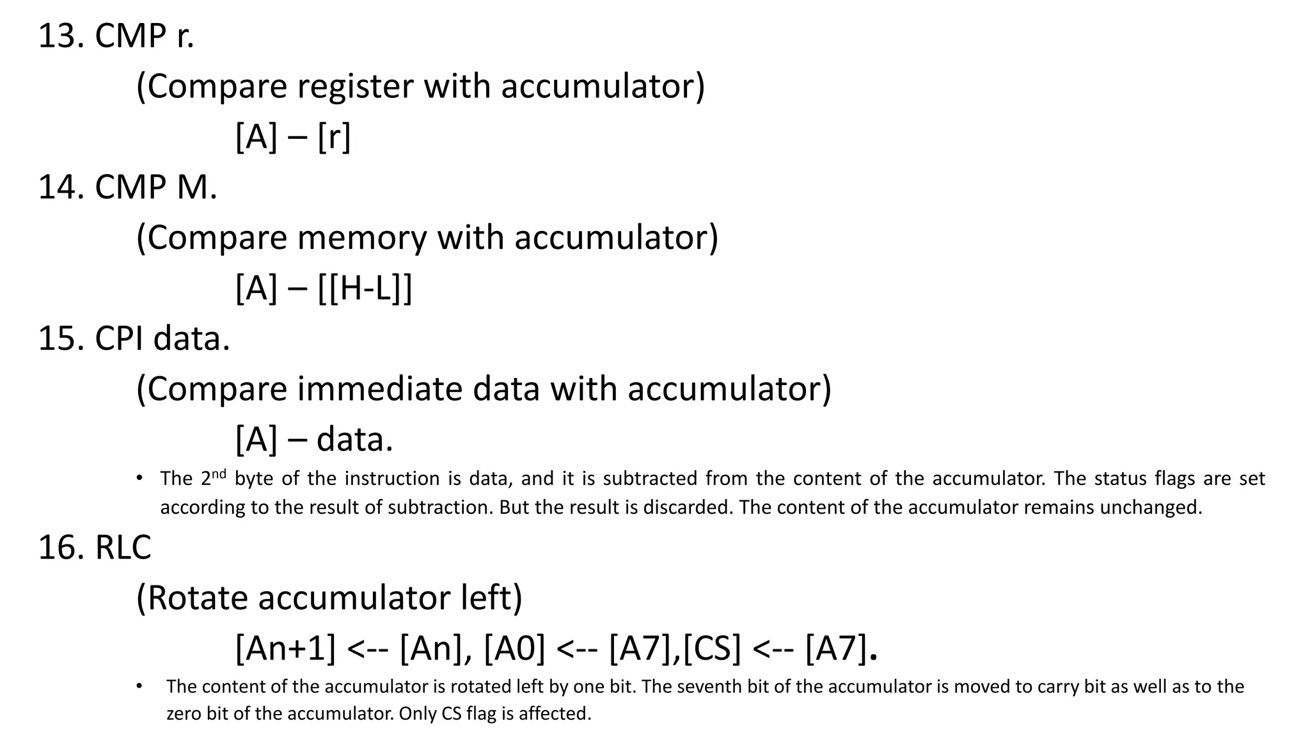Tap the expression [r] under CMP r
[334, 137]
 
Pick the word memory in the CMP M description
[361, 237]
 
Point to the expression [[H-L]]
[365, 288]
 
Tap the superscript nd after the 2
[219, 474]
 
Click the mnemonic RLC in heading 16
[123, 548]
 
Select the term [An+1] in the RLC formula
[285, 648]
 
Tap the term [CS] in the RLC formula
[711, 648]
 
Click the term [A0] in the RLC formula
[514, 648]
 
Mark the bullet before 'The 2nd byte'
[139, 479]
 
